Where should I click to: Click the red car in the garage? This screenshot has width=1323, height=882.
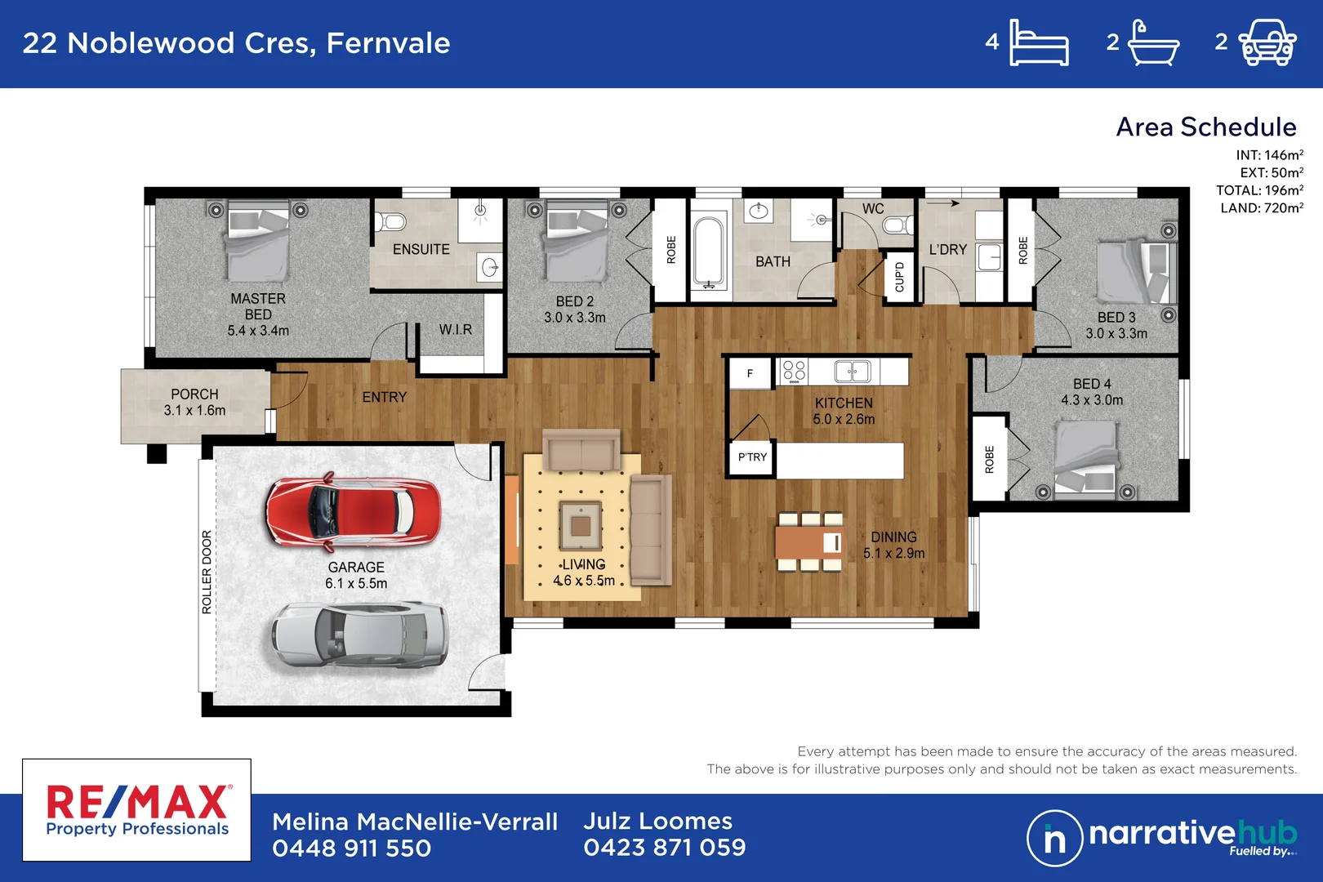click(x=353, y=511)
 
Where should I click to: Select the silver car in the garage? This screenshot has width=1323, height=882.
click(x=359, y=637)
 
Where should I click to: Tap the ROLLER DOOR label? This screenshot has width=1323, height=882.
click(x=207, y=572)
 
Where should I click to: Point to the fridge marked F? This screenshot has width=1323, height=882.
click(x=750, y=373)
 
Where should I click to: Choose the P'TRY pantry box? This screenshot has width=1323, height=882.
click(x=752, y=457)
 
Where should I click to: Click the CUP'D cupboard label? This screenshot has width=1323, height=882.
click(x=899, y=277)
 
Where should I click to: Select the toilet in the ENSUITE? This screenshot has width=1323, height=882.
click(x=390, y=222)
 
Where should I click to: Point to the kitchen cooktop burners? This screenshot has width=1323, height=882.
click(x=794, y=372)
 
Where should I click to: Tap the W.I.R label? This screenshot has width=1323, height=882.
click(x=456, y=330)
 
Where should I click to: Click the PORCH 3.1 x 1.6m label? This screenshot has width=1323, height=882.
click(x=194, y=403)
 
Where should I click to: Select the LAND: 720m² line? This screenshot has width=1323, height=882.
click(x=1262, y=208)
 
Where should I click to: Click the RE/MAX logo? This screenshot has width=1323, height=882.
click(x=137, y=810)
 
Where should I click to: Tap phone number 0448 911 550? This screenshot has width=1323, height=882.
click(x=352, y=849)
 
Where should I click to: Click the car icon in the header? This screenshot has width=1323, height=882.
click(x=1267, y=42)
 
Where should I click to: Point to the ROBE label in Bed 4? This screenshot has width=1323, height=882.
click(x=989, y=460)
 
